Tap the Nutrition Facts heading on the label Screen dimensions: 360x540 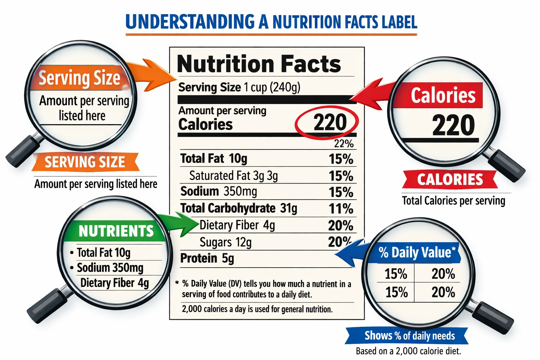pyautogui.click(x=259, y=64)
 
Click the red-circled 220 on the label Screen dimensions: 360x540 pyautogui.click(x=329, y=122)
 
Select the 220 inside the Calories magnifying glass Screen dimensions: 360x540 pyautogui.click(x=453, y=125)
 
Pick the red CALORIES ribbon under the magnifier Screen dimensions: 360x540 pyautogui.click(x=450, y=180)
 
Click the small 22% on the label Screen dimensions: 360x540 pyautogui.click(x=343, y=143)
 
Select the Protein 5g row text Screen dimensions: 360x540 pyautogui.click(x=207, y=258)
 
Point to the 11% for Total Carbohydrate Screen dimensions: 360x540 pyautogui.click(x=341, y=209)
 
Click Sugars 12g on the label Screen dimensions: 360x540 pyautogui.click(x=225, y=242)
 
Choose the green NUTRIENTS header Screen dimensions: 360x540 pyautogui.click(x=116, y=231)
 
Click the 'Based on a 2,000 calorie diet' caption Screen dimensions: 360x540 pyautogui.click(x=408, y=351)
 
